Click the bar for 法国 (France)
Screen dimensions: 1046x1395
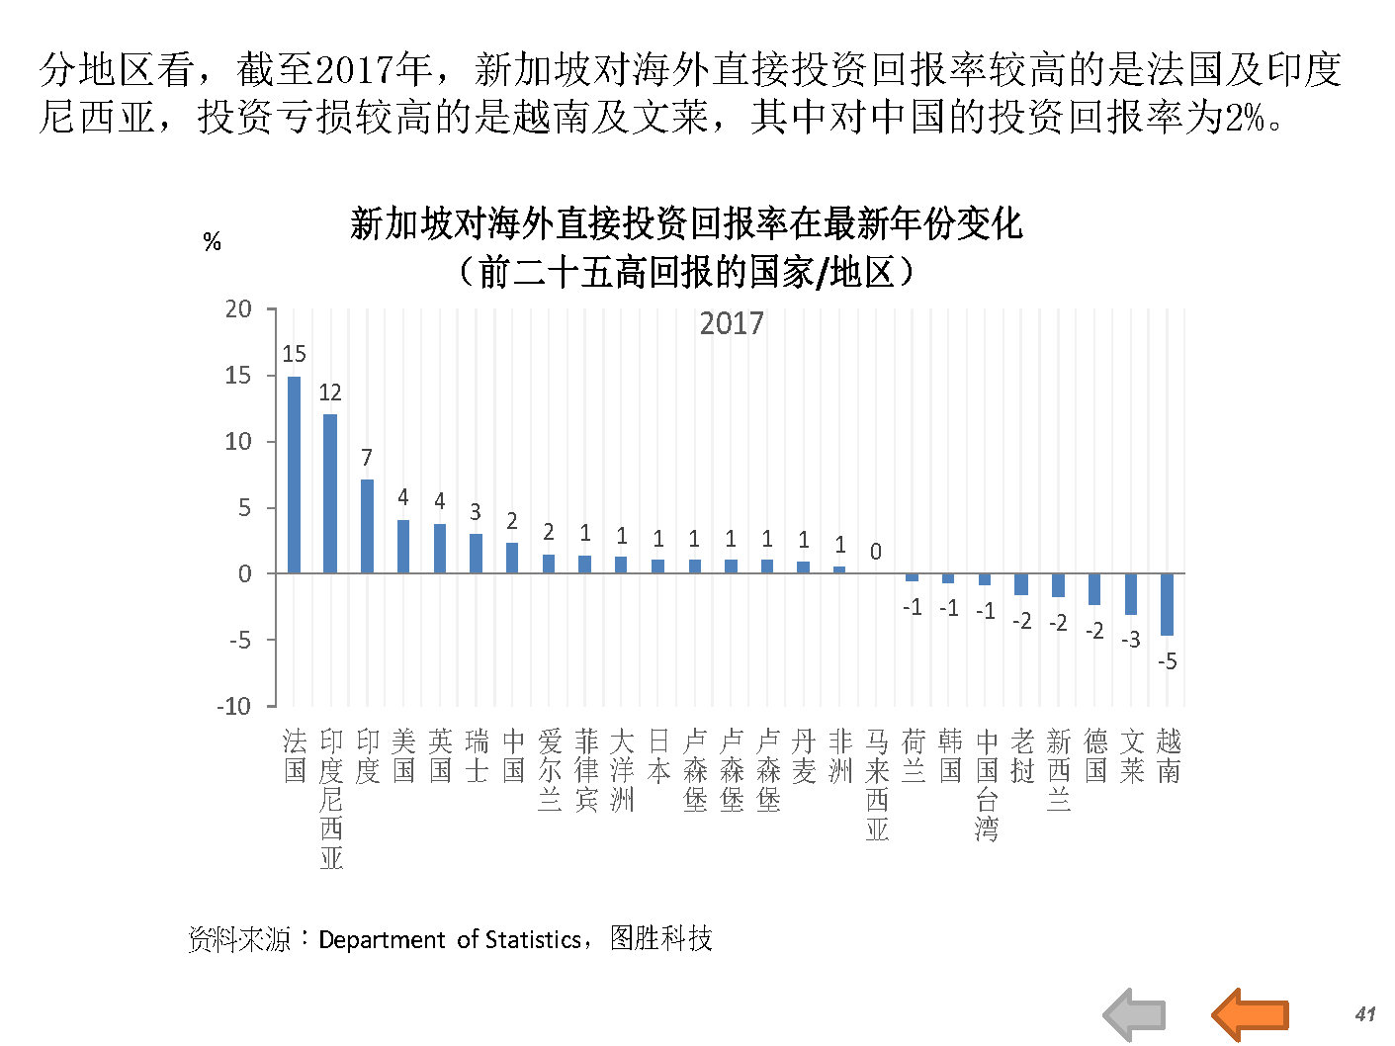point(294,475)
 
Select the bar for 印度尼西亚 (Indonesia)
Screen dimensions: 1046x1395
point(330,493)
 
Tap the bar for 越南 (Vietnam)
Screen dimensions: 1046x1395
point(1167,604)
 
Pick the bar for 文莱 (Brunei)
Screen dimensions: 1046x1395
point(1130,594)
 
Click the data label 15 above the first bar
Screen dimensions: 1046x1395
point(294,354)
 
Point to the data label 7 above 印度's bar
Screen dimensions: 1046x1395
point(367,458)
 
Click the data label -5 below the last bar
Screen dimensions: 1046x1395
point(1167,661)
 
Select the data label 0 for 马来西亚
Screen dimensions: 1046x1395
point(875,552)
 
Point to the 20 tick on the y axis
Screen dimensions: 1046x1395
point(238,309)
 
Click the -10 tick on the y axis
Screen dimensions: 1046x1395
point(234,706)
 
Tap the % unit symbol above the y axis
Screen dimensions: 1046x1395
point(212,242)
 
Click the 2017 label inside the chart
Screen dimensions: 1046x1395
point(732,323)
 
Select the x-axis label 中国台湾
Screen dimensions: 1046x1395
point(986,785)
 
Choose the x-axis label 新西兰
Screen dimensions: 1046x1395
point(1058,770)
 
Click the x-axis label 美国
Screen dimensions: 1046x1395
point(403,756)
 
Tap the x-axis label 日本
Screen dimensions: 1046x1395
point(658,756)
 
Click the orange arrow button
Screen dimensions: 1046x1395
point(1251,1013)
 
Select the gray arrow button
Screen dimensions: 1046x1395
point(1135,1014)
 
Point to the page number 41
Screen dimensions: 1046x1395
point(1365,1013)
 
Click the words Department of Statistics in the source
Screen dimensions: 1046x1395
point(450,939)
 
